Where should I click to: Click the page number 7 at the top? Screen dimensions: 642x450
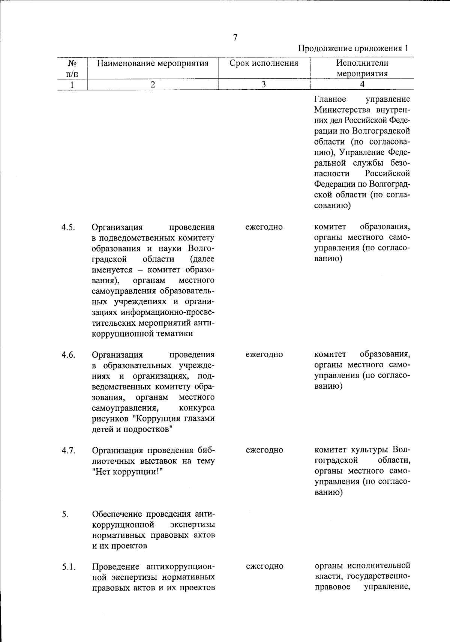[x=235, y=38]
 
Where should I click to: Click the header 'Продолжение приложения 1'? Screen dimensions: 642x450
[x=353, y=48]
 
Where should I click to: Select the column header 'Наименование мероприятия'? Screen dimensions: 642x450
[x=153, y=63]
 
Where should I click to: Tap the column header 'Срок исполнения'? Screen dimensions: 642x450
[x=264, y=63]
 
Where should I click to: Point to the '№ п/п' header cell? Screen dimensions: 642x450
[x=73, y=68]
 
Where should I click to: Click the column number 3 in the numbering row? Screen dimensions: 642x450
[x=264, y=84]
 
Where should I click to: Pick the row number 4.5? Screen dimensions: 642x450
[x=69, y=227]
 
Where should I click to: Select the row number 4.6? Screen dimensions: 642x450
[x=69, y=355]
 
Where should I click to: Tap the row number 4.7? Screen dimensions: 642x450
[x=69, y=450]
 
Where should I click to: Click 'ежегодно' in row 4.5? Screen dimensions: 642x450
[x=264, y=227]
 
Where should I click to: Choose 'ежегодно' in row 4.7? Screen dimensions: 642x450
[x=264, y=450]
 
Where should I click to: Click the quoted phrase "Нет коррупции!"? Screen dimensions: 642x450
[x=127, y=472]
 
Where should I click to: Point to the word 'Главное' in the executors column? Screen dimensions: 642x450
[x=330, y=99]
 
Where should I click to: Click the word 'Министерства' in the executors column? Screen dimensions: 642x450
[x=339, y=110]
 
